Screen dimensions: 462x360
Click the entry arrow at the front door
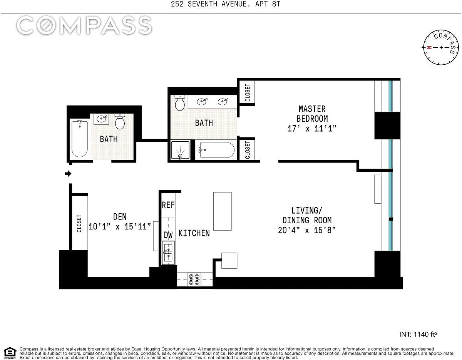(x=68, y=174)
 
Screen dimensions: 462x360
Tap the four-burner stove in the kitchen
(x=194, y=280)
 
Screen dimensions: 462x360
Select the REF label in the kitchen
(x=168, y=205)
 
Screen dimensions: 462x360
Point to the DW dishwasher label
(x=168, y=235)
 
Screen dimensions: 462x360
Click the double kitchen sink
(x=168, y=253)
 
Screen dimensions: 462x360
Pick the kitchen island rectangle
(x=223, y=211)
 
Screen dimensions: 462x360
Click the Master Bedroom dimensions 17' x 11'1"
(x=312, y=129)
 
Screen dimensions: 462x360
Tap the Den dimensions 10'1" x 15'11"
(x=120, y=227)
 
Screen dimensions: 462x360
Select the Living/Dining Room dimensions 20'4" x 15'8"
(x=307, y=230)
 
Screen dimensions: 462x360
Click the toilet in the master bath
(x=180, y=103)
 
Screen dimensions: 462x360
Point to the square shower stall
(x=180, y=150)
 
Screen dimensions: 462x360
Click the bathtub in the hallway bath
(x=80, y=139)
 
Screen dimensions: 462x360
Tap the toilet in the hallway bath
(x=120, y=121)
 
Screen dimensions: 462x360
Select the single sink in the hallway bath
(x=102, y=119)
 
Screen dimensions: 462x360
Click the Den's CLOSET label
(x=79, y=223)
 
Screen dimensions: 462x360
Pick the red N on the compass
(x=429, y=47)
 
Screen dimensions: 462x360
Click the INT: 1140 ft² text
(x=418, y=335)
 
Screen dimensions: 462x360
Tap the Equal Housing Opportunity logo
(x=10, y=353)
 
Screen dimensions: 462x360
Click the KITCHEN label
(x=194, y=233)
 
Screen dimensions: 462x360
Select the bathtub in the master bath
(x=217, y=150)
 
